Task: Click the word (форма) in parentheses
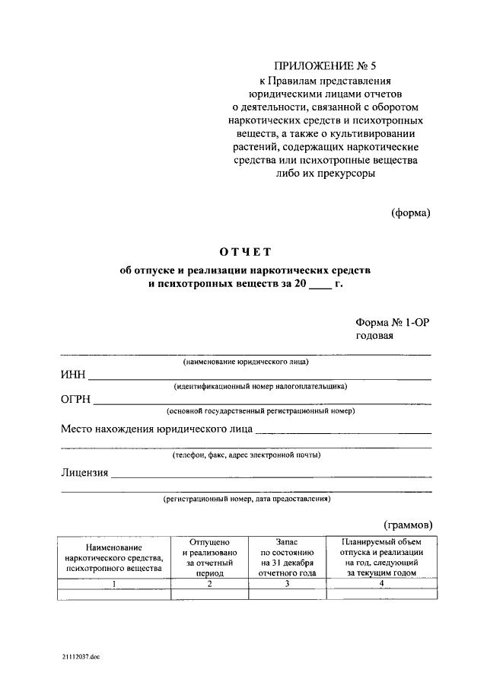click(x=410, y=212)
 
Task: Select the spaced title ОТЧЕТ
click(x=245, y=252)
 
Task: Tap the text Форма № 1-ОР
click(x=392, y=322)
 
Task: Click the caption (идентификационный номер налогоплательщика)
click(x=259, y=386)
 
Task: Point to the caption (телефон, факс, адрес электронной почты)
click(x=245, y=455)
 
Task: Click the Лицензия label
click(x=84, y=473)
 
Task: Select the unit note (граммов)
click(x=407, y=524)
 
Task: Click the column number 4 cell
click(x=380, y=583)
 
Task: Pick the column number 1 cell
click(x=114, y=584)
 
